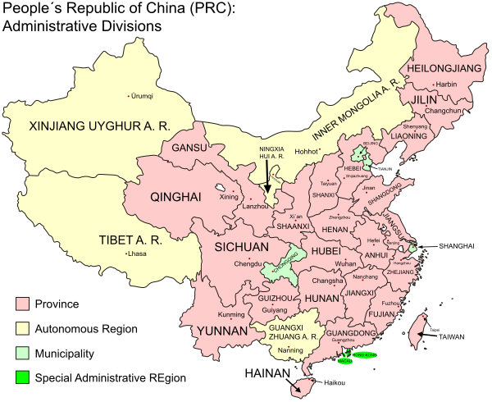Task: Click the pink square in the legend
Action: [22, 304]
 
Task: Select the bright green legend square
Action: [22, 377]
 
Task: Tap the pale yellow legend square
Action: [22, 329]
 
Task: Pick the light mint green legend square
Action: [22, 354]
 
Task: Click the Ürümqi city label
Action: [141, 96]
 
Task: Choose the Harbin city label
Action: [446, 84]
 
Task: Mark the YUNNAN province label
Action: [221, 331]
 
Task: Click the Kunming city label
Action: [232, 314]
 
